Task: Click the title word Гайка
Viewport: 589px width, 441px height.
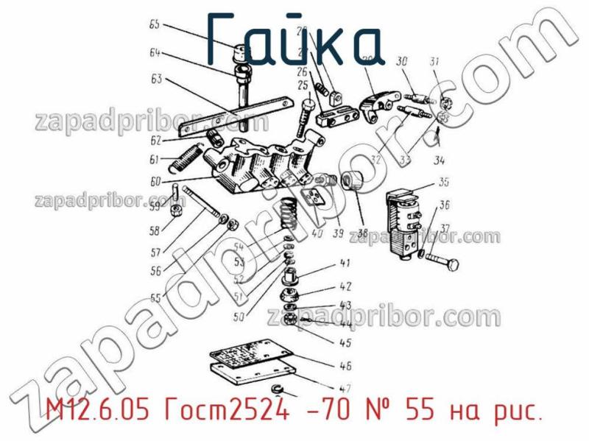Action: pyautogui.click(x=294, y=38)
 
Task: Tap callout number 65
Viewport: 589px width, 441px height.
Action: pyautogui.click(x=155, y=24)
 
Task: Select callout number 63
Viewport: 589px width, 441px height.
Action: pyautogui.click(x=156, y=79)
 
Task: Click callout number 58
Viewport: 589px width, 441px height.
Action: pyautogui.click(x=154, y=230)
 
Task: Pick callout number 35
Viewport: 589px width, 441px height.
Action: pyautogui.click(x=444, y=182)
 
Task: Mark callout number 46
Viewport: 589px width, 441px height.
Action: pyautogui.click(x=345, y=365)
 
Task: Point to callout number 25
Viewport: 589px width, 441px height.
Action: pyautogui.click(x=302, y=86)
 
